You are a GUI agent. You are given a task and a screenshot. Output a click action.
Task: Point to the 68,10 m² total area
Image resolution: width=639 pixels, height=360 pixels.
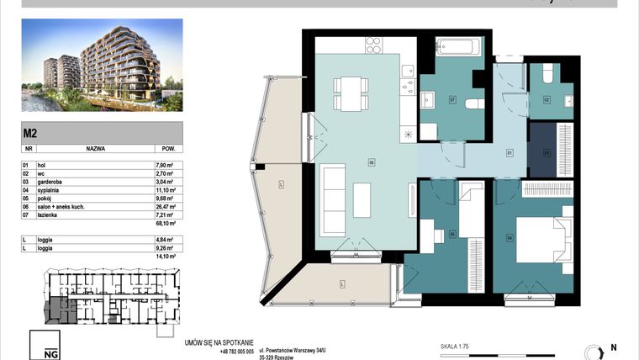click(x=165, y=225)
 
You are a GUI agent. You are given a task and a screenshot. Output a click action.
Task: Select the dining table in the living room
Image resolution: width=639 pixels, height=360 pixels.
click(x=349, y=93)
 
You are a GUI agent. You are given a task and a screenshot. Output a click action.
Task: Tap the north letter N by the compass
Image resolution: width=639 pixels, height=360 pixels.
click(x=613, y=347)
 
